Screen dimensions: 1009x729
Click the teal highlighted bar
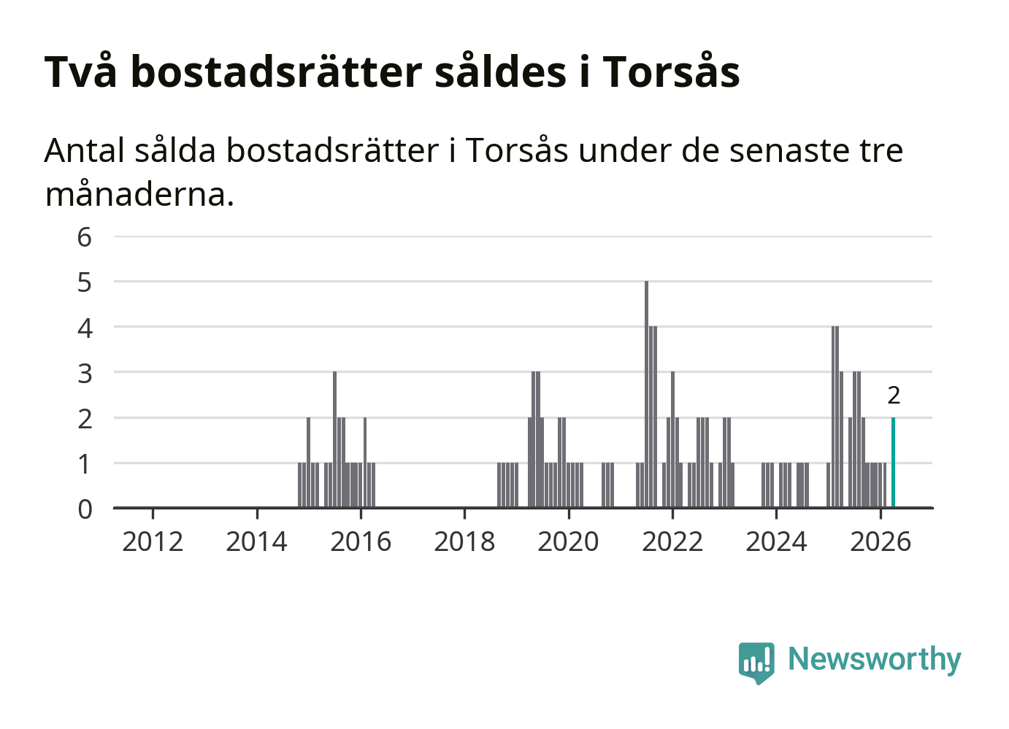[x=893, y=463]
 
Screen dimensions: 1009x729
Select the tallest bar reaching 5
[x=646, y=395]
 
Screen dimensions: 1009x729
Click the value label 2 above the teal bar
[x=894, y=396]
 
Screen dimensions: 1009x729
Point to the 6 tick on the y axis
[x=85, y=237]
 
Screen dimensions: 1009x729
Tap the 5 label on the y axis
[x=85, y=282]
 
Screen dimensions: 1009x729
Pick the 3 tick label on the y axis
[x=85, y=374]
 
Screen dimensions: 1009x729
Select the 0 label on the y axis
[x=85, y=509]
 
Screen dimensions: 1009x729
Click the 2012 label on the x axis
[x=153, y=541]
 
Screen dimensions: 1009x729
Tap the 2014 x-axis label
[x=256, y=541]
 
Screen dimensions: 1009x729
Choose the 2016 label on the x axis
[x=361, y=541]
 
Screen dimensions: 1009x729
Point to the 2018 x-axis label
[x=464, y=541]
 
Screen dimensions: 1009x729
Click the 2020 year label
[x=568, y=541]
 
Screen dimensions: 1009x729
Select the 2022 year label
[x=672, y=541]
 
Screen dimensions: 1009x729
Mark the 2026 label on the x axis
[x=881, y=541]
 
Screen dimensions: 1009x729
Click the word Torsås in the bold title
[x=671, y=70]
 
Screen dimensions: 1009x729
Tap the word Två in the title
[x=80, y=70]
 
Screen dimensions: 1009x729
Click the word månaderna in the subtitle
[x=139, y=195]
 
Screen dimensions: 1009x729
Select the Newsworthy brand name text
[x=875, y=660]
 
